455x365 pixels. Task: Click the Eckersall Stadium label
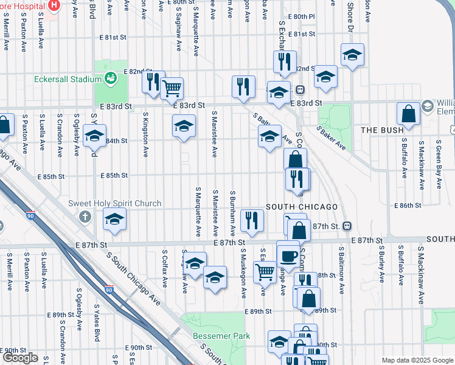67,79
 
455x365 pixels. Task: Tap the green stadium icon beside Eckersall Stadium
111,78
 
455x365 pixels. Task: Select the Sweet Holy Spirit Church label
123,203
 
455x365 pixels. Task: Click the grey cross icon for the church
85,216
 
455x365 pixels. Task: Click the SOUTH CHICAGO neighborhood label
302,207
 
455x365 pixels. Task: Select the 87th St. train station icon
347,226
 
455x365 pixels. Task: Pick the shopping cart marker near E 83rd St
172,89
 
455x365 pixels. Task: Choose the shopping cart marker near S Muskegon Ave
265,271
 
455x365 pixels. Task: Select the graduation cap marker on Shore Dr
352,55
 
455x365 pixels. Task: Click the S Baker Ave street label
332,138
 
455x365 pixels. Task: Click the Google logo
21,358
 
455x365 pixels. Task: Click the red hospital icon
54,5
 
